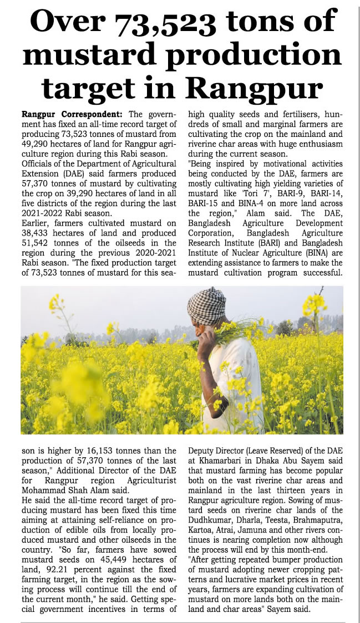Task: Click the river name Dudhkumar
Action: click(215, 512)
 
